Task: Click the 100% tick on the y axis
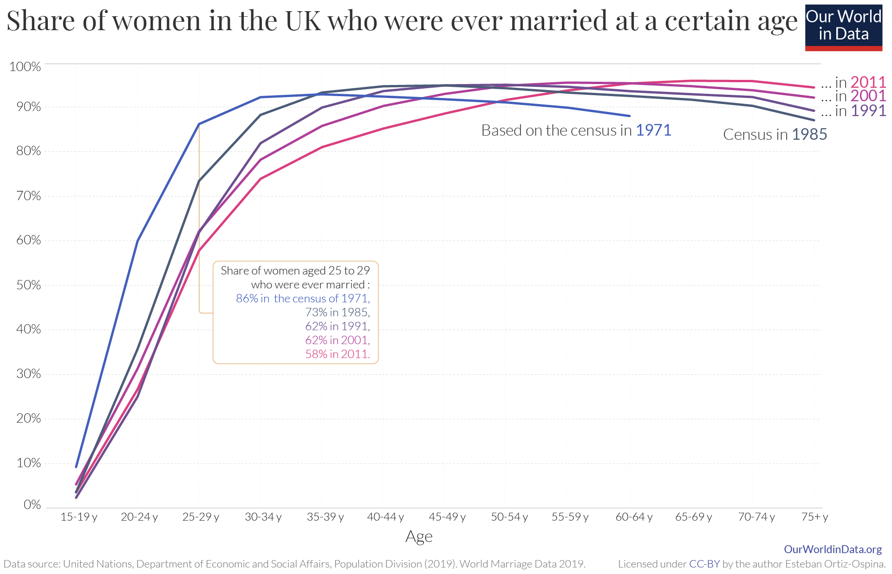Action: click(25, 66)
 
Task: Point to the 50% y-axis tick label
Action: click(28, 285)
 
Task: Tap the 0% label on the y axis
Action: click(32, 504)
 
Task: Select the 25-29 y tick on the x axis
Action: click(201, 517)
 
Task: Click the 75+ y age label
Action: click(814, 517)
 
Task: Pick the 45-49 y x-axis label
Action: click(447, 517)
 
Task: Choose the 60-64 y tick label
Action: click(634, 517)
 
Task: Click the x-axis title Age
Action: click(419, 537)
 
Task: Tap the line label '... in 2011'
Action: click(853, 82)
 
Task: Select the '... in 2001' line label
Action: click(853, 96)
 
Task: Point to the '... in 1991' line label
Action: click(853, 111)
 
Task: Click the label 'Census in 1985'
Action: click(775, 134)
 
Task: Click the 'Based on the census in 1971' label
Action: click(576, 130)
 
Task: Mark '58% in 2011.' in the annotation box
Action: click(338, 354)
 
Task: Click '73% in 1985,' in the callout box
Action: click(338, 312)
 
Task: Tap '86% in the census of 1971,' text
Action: click(303, 298)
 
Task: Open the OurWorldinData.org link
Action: click(833, 549)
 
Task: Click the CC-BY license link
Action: click(704, 564)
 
